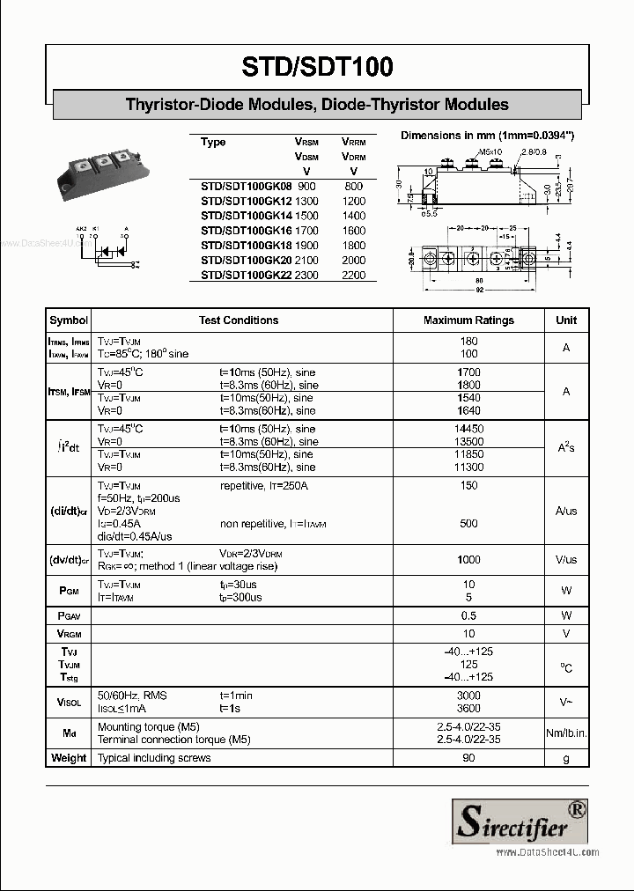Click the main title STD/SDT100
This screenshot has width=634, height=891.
(x=317, y=67)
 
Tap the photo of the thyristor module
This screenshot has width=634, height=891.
(x=102, y=174)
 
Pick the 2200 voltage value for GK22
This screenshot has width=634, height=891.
(x=353, y=275)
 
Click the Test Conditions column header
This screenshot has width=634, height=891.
(x=239, y=320)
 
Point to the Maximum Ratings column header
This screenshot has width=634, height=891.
(x=468, y=320)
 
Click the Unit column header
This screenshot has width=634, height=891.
(x=566, y=320)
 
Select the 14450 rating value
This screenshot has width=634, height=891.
(x=468, y=429)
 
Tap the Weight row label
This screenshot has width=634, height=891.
(x=69, y=758)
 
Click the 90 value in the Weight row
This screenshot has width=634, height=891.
(x=468, y=758)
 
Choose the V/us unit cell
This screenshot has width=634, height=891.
(x=566, y=560)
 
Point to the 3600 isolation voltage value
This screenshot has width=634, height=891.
(x=468, y=709)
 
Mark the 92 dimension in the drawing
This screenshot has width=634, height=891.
(x=481, y=290)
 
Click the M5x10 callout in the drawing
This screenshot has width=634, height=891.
(x=490, y=152)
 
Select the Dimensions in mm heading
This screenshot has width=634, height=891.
(x=487, y=136)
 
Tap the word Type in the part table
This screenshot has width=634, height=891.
(x=213, y=142)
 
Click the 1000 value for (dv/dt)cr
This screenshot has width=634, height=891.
(x=468, y=560)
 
